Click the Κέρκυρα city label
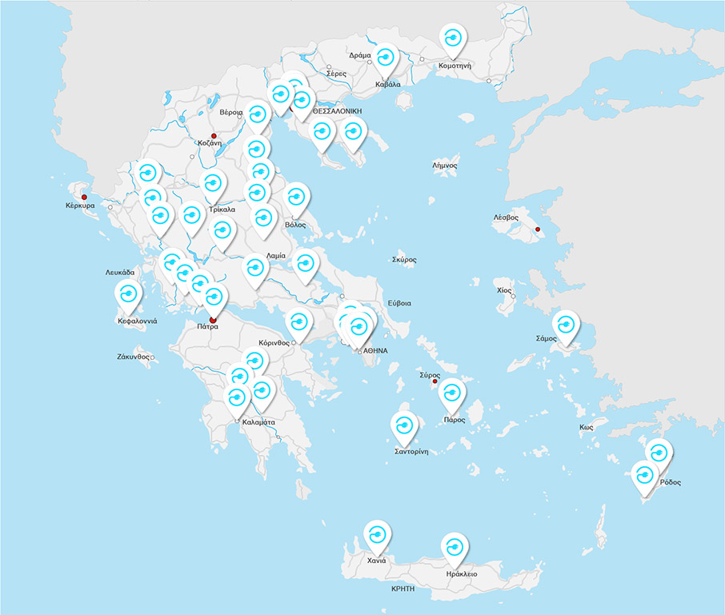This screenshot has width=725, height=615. tap(80, 206)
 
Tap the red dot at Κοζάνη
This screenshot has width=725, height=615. tap(214, 136)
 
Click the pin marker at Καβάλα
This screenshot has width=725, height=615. tap(387, 58)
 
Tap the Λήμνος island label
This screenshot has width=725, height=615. tap(444, 166)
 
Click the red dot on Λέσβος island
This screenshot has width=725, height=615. tap(538, 230)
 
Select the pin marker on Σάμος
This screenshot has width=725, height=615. tap(566, 326)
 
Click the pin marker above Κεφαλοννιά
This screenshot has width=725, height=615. tap(128, 296)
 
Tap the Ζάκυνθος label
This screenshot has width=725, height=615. tap(133, 357)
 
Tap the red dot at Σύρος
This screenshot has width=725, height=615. tap(435, 381)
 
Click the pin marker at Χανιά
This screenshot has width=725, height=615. tap(377, 535)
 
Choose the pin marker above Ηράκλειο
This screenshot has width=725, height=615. tap(454, 548)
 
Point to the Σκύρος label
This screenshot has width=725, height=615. tap(404, 259)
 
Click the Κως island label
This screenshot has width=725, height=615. tap(586, 428)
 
